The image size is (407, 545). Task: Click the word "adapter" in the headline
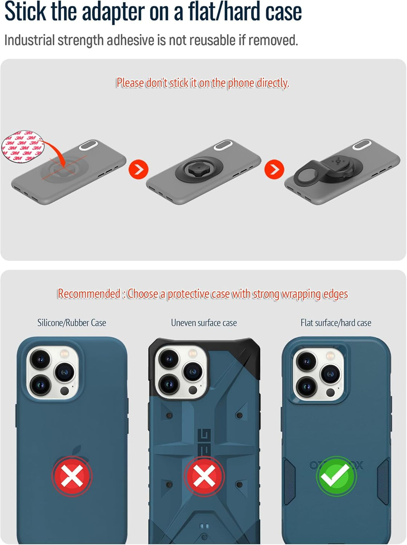pos(113,12)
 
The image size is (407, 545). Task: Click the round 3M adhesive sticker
pos(23,146)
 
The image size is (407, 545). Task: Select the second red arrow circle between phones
pos(274,169)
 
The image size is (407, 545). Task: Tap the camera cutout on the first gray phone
pos(88,145)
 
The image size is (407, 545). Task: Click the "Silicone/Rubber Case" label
pos(72,323)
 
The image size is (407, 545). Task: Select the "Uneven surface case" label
pos(204,323)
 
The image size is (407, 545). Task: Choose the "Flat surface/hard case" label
pos(336,323)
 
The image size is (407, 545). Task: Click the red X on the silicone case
pos(72,476)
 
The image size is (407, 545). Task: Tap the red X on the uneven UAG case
pos(204,476)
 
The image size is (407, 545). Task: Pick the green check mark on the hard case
pos(336,476)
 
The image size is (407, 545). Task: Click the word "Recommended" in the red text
pos(89,294)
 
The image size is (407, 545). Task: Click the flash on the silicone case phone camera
pos(64,353)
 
